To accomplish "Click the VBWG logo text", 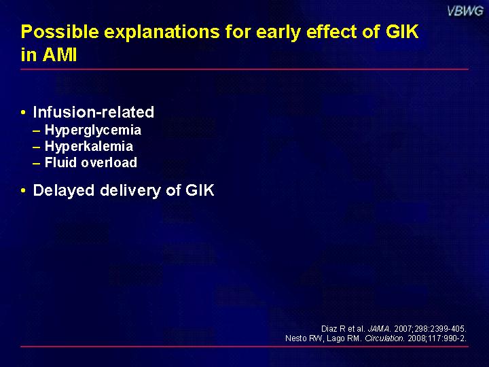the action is [465, 12].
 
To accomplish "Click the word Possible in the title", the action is [60, 31].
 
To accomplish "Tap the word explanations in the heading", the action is [162, 33].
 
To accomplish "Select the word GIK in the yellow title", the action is [402, 31].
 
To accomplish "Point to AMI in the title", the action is [60, 54].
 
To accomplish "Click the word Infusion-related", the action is [94, 112].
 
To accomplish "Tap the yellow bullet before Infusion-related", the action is [23, 112].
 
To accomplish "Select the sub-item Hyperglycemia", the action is [93, 130].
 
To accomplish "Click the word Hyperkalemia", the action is [89, 146].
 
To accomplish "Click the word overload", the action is [109, 162].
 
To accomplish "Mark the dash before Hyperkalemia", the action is [37, 147].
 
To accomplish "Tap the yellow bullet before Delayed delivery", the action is [23, 190].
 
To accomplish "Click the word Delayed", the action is [64, 191].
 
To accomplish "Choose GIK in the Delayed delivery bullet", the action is [200, 190].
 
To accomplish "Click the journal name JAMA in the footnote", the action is [379, 329].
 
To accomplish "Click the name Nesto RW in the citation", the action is [304, 338].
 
